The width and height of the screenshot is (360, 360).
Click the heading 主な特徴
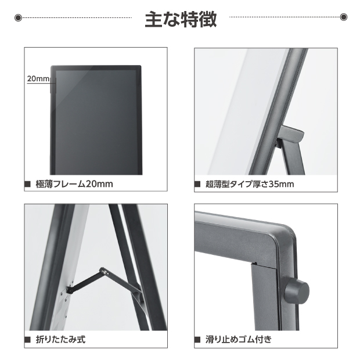pos(181,19)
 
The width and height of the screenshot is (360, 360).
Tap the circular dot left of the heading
pos(18,17)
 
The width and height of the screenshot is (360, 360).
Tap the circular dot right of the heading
pos(344,17)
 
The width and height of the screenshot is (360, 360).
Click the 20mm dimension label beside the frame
pos(38,79)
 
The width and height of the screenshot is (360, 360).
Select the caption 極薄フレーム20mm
pos(74,184)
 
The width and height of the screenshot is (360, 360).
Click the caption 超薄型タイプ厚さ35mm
pos(250,184)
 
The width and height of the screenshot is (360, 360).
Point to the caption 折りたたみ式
pos(60,339)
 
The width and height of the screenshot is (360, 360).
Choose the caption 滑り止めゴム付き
pos(239,339)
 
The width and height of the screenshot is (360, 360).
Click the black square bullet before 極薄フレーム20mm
pos(27,184)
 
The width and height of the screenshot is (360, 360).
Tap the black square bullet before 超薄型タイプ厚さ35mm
pos(197,184)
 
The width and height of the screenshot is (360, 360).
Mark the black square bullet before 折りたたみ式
pos(27,340)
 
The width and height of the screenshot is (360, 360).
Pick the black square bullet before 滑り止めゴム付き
pos(197,340)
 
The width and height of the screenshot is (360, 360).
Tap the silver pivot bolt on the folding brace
pos(105,272)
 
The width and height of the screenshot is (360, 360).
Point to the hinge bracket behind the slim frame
pos(290,136)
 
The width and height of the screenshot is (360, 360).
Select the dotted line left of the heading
pos(77,17)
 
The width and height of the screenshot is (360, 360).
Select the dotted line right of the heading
pos(285,17)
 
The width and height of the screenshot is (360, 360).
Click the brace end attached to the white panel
pos(69,290)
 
